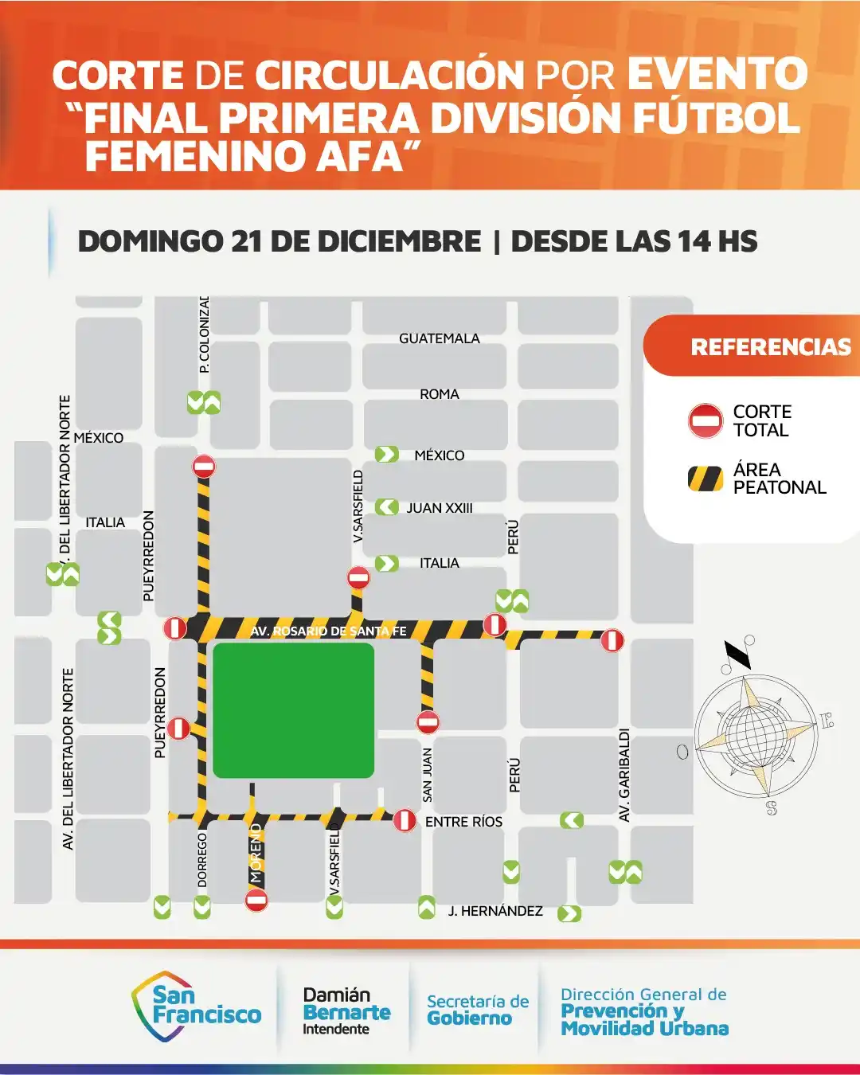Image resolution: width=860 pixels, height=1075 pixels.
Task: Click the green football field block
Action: (x=293, y=709)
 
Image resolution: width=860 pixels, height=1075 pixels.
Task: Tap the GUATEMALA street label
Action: (x=440, y=338)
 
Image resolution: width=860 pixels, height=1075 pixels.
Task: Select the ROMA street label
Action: (x=440, y=394)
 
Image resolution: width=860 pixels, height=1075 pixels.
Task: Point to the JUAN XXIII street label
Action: (x=440, y=508)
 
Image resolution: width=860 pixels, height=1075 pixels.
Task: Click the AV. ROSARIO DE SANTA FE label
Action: (x=328, y=631)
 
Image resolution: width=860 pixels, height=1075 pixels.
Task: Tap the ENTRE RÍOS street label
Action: (x=463, y=822)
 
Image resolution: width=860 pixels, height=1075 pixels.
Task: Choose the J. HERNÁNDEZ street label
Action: (x=495, y=911)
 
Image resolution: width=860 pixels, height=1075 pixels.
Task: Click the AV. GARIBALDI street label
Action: (x=624, y=775)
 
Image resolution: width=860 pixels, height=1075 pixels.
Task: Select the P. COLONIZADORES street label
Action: (x=205, y=334)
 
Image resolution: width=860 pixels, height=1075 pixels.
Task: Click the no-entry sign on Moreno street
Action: (x=256, y=901)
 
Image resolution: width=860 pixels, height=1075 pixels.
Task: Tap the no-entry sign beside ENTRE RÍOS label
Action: (x=405, y=820)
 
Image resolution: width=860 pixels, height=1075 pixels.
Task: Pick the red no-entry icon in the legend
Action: (x=706, y=420)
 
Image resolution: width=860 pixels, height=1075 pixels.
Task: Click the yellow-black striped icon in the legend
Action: (x=706, y=479)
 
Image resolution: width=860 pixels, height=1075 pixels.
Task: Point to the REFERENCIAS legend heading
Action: (x=770, y=347)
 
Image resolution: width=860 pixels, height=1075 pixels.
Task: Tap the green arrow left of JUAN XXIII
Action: (x=387, y=507)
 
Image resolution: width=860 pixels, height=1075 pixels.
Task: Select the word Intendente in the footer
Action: (x=335, y=1029)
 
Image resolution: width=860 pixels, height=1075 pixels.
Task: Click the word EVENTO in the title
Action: (x=717, y=75)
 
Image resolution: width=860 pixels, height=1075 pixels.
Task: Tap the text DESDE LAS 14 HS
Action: (x=634, y=241)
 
